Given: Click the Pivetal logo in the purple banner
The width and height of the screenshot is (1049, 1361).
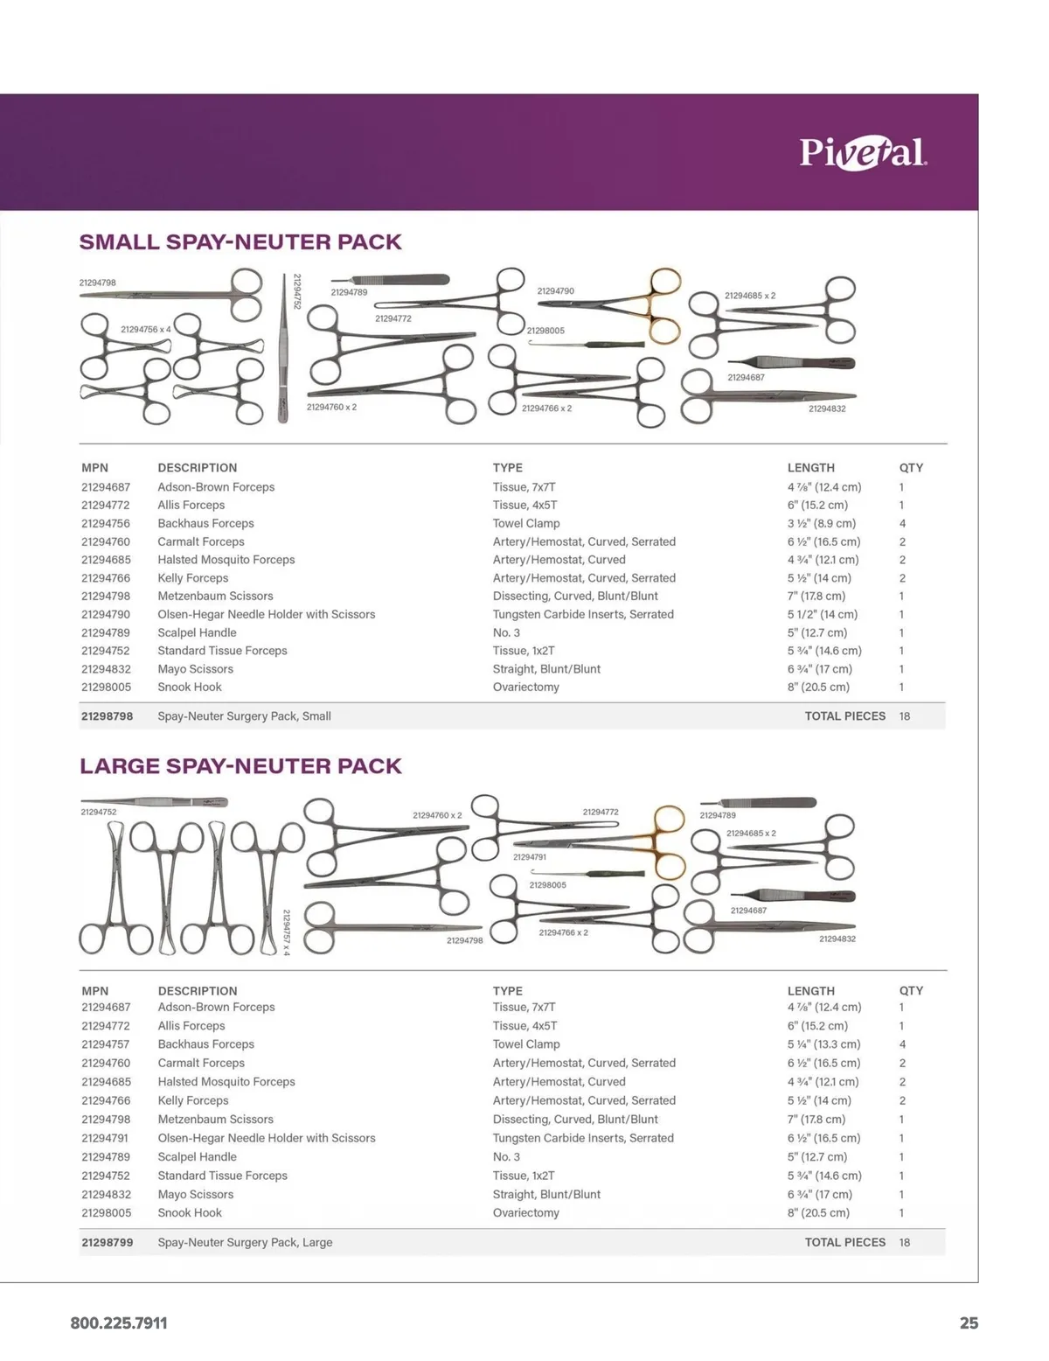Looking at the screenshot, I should click(863, 153).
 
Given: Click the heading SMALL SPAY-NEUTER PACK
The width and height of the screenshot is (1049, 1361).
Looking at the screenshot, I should click(240, 242).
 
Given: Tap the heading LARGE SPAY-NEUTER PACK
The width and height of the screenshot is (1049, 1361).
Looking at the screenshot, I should click(240, 766).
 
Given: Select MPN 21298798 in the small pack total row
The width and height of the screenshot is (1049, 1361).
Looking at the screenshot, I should click(107, 715).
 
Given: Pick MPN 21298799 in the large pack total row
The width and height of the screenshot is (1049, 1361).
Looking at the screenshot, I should click(107, 1242).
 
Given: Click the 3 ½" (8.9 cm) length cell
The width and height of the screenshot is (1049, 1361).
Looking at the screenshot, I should click(823, 523).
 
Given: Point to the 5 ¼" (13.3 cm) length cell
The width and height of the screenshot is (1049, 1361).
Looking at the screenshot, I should click(823, 1044).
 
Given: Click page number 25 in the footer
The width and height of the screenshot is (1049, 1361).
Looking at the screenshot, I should click(969, 1323).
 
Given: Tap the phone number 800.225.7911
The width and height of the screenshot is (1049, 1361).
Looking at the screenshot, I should click(119, 1323).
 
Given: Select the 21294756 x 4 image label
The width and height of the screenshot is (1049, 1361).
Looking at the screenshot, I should click(145, 329).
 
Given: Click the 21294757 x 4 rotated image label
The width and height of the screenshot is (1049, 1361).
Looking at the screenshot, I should click(286, 932).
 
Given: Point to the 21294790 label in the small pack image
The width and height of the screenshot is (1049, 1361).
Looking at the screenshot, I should click(555, 290).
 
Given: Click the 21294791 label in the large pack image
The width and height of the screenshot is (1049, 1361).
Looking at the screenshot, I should click(529, 857).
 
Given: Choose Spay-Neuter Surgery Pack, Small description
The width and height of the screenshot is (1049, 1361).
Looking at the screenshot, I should click(244, 715).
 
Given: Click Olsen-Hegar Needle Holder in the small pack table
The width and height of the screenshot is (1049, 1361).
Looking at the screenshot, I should click(266, 614).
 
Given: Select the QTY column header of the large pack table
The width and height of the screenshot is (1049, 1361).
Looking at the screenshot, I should click(911, 991).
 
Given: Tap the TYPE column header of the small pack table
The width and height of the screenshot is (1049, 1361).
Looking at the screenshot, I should click(507, 468).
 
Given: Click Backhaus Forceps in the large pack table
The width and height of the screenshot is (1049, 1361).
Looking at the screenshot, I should click(205, 1044).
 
